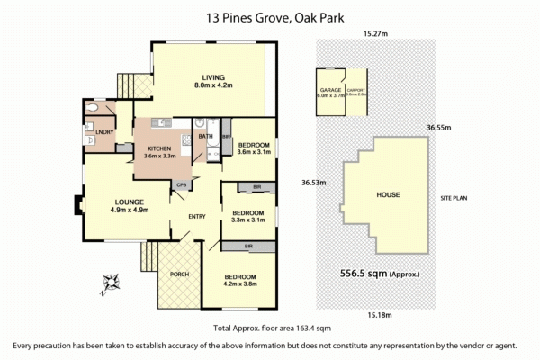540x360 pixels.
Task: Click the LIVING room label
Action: pyautogui.click(x=213, y=77)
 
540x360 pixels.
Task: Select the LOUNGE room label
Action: pyautogui.click(x=129, y=202)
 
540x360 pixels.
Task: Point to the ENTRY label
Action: pyautogui.click(x=197, y=216)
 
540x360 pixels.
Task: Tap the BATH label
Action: pyautogui.click(x=205, y=137)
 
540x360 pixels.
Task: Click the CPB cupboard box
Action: pyautogui.click(x=181, y=186)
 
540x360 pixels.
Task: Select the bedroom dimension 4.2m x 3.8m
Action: pyautogui.click(x=240, y=284)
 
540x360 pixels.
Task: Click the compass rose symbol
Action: pyautogui.click(x=112, y=283)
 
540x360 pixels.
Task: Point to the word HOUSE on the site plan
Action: pyautogui.click(x=388, y=194)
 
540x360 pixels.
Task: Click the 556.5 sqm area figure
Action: pyautogui.click(x=364, y=273)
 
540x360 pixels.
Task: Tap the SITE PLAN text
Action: pyautogui.click(x=456, y=196)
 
